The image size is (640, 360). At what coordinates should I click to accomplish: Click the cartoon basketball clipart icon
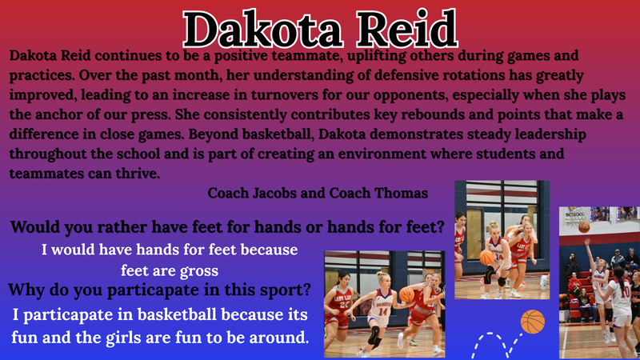[532, 322]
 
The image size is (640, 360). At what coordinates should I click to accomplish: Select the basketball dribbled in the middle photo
[487, 257]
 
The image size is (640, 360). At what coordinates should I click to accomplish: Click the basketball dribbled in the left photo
[407, 294]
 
